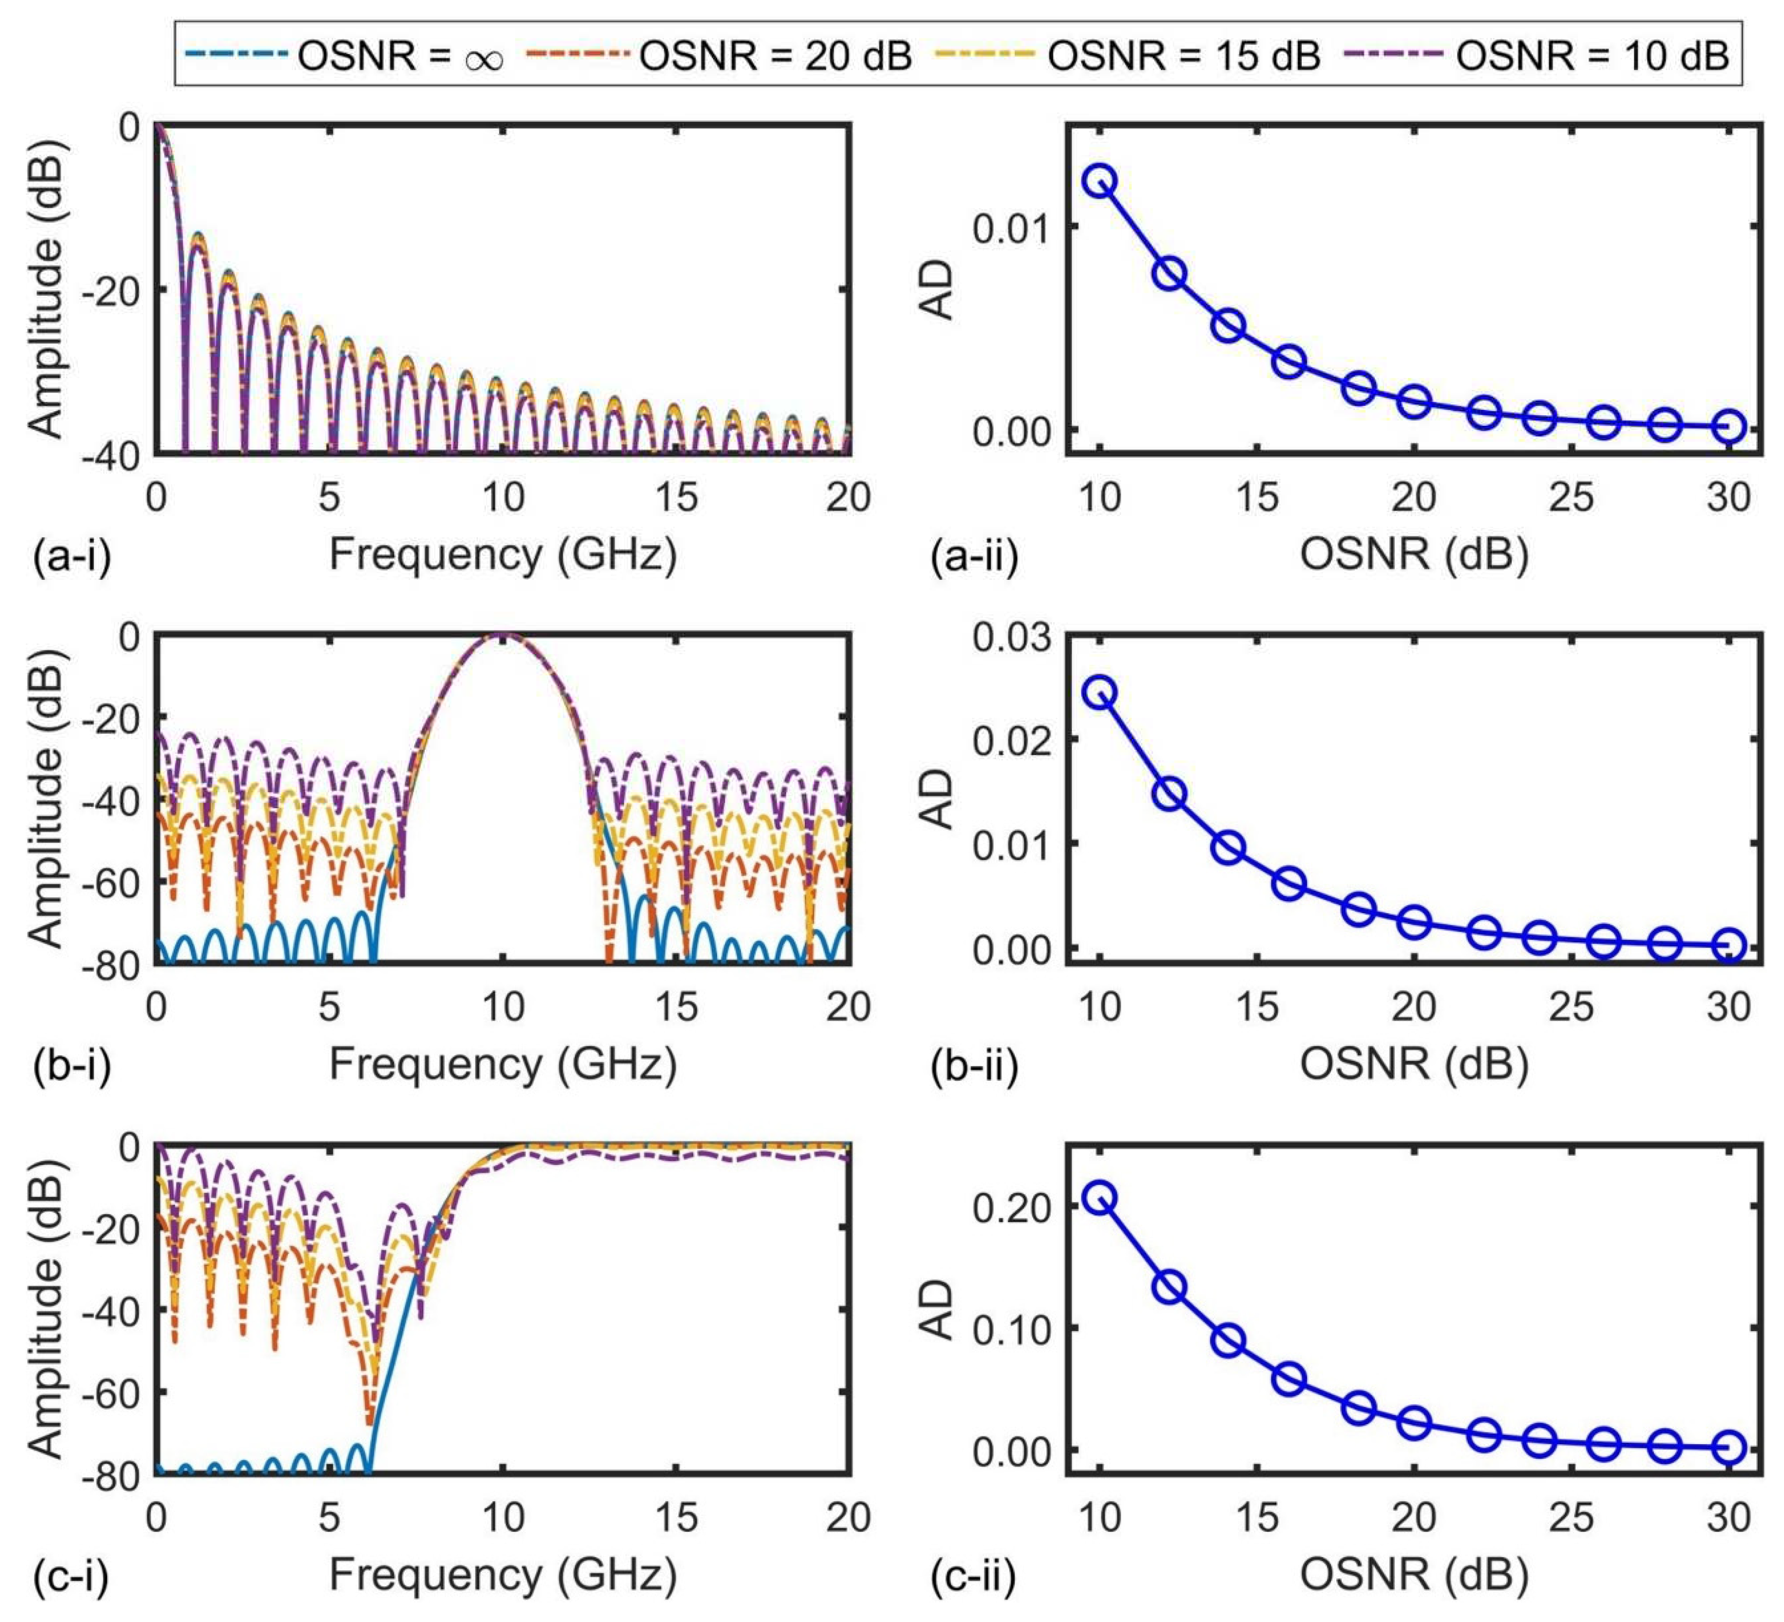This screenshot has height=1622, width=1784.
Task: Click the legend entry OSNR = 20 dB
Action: pyautogui.click(x=719, y=56)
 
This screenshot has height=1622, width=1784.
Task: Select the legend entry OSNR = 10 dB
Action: pyautogui.click(x=1536, y=56)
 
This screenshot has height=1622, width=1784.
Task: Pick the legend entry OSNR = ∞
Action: pyautogui.click(x=344, y=56)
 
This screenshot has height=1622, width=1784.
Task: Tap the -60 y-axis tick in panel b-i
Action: pyautogui.click(x=111, y=882)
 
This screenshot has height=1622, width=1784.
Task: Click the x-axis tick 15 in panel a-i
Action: pyautogui.click(x=676, y=498)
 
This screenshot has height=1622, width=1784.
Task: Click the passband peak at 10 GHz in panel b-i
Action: pyautogui.click(x=503, y=635)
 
